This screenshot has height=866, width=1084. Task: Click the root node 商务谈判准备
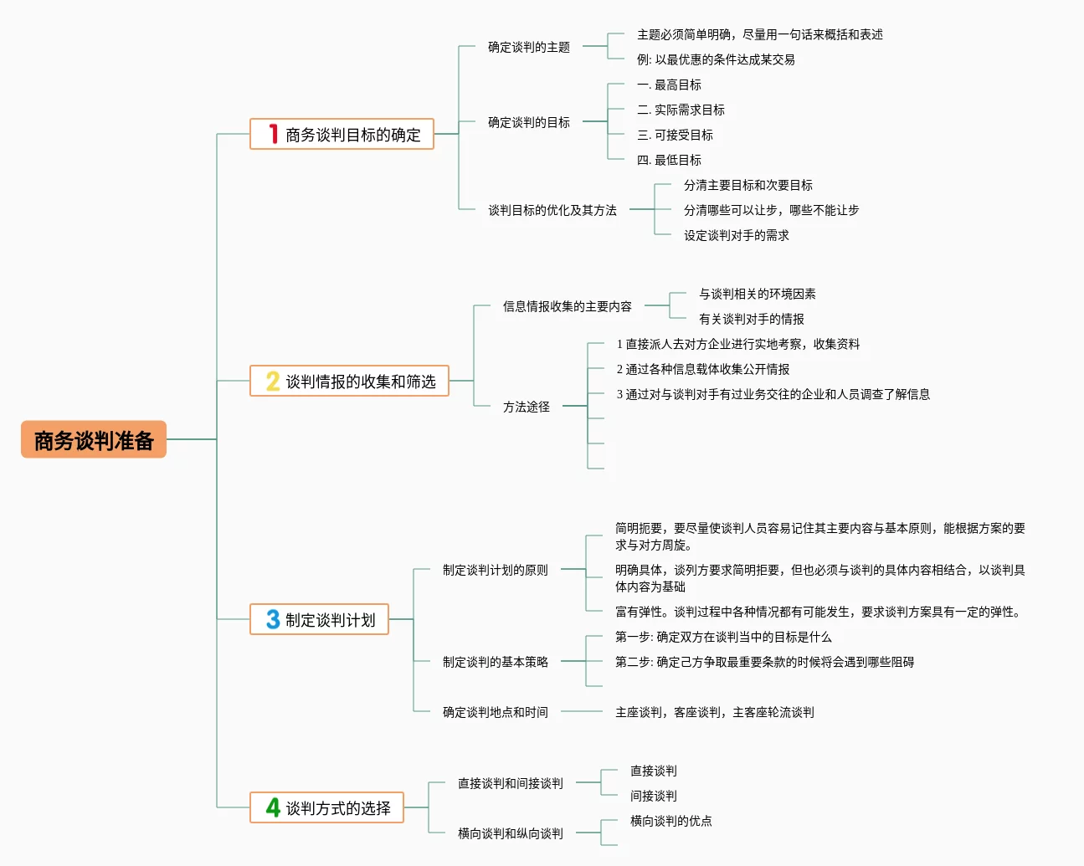point(94,440)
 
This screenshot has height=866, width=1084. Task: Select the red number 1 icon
point(273,134)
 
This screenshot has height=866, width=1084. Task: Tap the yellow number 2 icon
point(273,382)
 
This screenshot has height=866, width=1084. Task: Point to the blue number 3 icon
point(273,619)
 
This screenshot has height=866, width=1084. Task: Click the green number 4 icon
point(273,807)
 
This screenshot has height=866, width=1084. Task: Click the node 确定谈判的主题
point(529,47)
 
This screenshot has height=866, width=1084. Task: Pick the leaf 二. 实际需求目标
point(681,110)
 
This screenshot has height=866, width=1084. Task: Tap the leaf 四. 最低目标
point(669,160)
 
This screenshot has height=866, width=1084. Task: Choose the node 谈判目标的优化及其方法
point(552,210)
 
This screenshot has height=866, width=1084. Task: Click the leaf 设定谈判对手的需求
point(737,235)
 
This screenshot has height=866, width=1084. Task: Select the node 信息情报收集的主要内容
point(568,306)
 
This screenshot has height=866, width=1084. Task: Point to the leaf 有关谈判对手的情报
point(752,319)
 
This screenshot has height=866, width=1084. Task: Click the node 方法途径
point(527,407)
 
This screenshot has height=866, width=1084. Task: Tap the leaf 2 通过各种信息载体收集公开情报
point(703,369)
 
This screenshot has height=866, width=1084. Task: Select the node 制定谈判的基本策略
point(496,662)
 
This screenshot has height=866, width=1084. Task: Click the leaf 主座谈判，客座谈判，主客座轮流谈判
point(715,712)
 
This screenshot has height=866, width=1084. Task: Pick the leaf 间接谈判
point(654,796)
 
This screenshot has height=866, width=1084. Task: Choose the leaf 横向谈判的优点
point(671,821)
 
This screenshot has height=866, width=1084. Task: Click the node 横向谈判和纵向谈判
point(511,833)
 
